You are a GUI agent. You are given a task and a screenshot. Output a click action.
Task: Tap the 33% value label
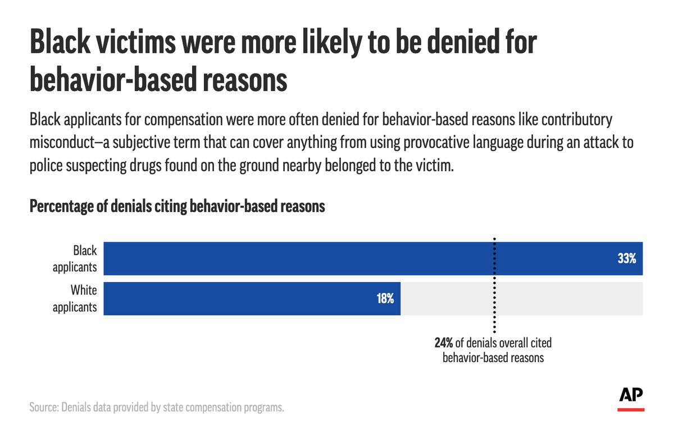(x=626, y=259)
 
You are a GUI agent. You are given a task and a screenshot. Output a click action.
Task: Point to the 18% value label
(x=385, y=298)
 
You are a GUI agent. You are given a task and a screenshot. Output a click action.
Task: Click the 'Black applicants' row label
(x=75, y=259)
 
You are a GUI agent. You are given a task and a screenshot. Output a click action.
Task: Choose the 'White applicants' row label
(x=75, y=298)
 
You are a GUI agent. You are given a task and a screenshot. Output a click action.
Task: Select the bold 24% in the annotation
(x=444, y=343)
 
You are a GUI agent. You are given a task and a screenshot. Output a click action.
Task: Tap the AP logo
(x=631, y=395)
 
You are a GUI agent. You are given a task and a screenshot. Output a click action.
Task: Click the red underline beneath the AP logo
(x=631, y=409)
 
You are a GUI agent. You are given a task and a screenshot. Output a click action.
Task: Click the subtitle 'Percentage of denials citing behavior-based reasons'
(x=177, y=206)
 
